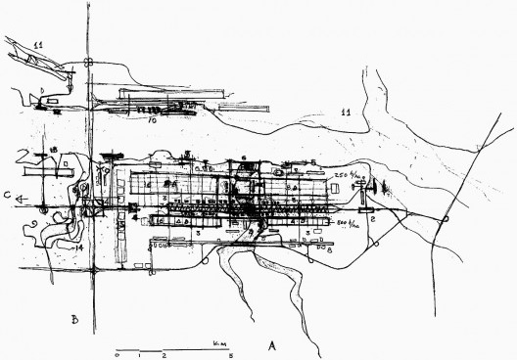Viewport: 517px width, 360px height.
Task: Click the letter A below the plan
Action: [272, 345]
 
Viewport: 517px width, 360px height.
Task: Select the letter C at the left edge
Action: [7, 197]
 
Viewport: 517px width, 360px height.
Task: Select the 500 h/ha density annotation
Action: [346, 225]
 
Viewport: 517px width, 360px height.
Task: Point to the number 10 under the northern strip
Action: [153, 122]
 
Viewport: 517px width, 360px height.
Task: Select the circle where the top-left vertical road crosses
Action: [87, 65]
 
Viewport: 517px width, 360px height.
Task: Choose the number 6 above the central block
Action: [242, 157]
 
